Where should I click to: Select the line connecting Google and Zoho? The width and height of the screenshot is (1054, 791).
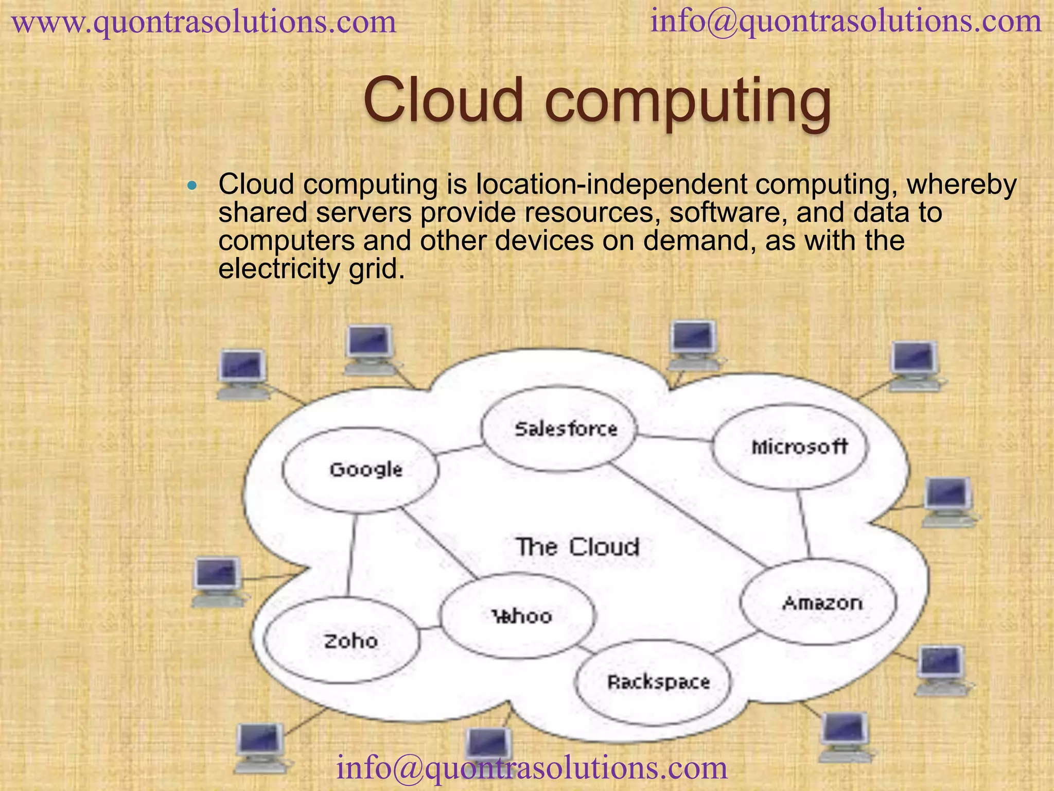(352, 555)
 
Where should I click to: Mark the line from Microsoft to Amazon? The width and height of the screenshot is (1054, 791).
(804, 524)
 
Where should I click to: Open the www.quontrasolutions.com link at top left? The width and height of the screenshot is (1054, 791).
(204, 23)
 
